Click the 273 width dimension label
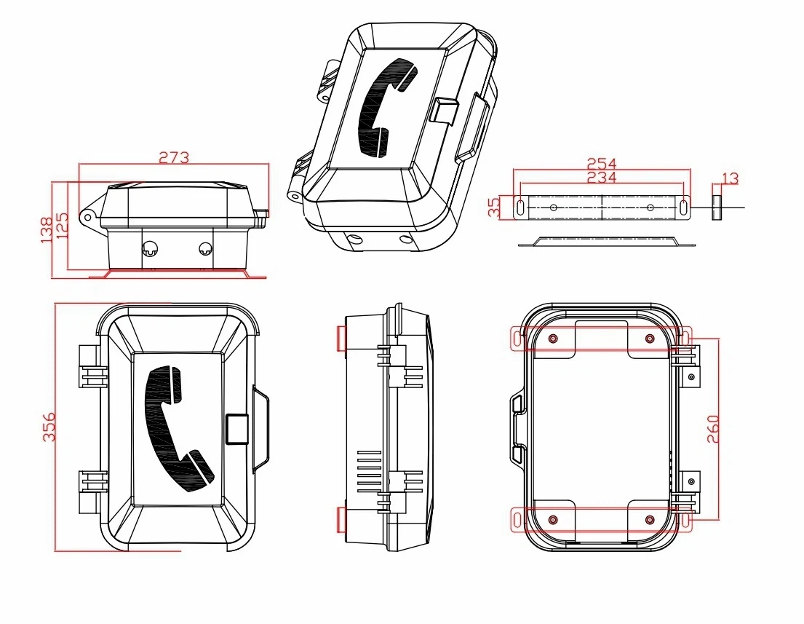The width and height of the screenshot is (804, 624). click(x=174, y=157)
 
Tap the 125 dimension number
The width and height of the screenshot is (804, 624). click(x=62, y=226)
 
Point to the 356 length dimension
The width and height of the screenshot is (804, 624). click(x=49, y=427)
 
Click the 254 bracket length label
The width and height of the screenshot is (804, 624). click(x=602, y=163)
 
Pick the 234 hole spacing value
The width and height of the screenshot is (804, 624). click(x=602, y=177)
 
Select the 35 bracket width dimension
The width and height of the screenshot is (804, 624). click(x=494, y=207)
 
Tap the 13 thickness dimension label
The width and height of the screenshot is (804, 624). click(x=731, y=178)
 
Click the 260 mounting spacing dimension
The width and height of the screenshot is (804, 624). click(x=713, y=429)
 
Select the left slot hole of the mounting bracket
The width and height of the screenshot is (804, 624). click(x=520, y=208)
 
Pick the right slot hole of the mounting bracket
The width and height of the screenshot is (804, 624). click(x=685, y=208)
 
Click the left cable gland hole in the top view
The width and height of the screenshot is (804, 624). click(x=150, y=249)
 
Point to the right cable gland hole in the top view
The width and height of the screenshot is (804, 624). click(x=205, y=249)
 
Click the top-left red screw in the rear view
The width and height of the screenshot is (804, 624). click(x=553, y=339)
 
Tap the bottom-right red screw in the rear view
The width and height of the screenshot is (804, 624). click(x=650, y=520)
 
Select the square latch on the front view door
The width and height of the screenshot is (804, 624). click(x=237, y=429)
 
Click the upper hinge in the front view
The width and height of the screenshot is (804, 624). click(x=93, y=367)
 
